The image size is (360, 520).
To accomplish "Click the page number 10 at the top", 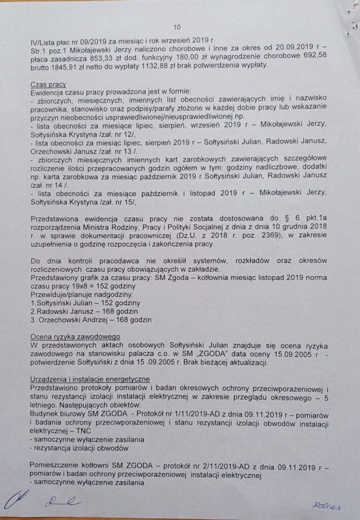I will [177, 27].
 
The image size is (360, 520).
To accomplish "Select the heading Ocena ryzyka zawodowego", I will [75, 336].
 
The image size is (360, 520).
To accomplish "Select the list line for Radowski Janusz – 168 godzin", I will [86, 311].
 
